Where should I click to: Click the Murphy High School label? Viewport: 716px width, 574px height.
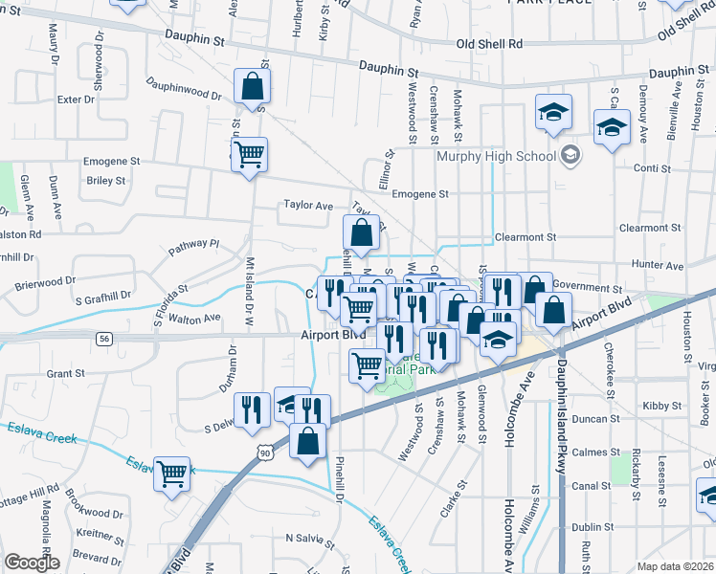click(x=496, y=156)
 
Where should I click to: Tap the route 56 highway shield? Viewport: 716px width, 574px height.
click(x=104, y=339)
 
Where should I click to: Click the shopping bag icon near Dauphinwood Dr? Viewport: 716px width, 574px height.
click(x=251, y=87)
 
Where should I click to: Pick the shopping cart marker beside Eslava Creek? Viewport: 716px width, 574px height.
click(x=172, y=473)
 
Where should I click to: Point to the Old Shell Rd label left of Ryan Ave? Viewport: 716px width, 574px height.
click(x=489, y=44)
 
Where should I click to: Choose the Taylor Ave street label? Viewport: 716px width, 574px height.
click(x=307, y=205)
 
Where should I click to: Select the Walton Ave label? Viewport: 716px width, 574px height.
click(x=200, y=317)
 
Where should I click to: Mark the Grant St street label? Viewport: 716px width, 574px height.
click(x=66, y=373)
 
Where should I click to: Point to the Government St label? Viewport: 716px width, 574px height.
click(x=587, y=287)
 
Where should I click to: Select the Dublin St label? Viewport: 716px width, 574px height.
click(x=593, y=526)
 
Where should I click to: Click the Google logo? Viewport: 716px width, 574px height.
click(x=33, y=562)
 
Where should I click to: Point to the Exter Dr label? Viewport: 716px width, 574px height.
click(x=77, y=99)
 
